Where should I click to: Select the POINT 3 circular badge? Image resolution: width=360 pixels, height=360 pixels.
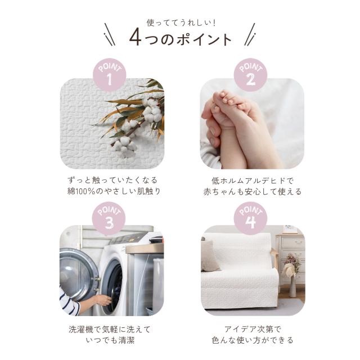110,219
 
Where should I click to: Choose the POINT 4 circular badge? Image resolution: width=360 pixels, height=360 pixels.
251,219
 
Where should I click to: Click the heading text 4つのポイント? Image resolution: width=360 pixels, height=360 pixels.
180,38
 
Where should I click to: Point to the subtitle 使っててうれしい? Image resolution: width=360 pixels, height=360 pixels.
181,23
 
